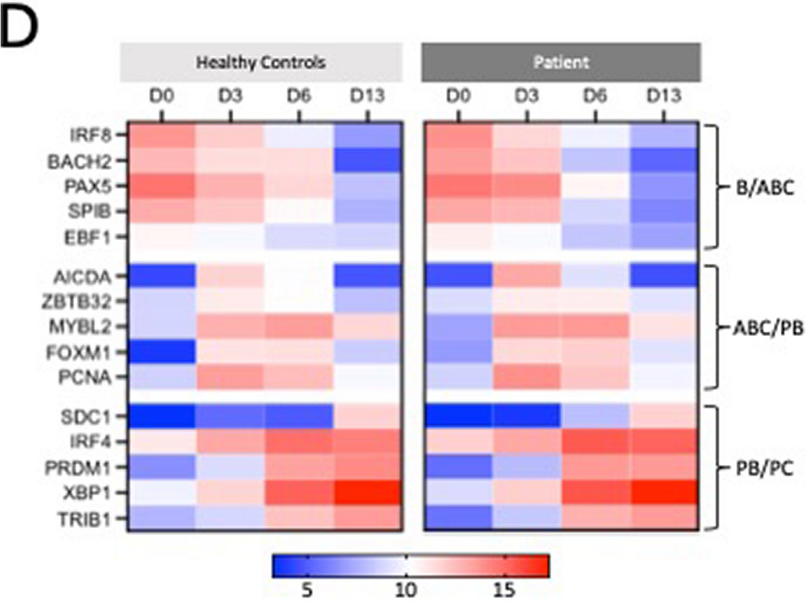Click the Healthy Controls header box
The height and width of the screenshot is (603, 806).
coord(261,63)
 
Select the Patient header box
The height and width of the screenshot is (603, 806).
coord(561,63)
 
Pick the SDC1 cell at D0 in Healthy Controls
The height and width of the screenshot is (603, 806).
coord(162,417)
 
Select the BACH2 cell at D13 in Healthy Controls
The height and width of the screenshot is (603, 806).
coord(368,161)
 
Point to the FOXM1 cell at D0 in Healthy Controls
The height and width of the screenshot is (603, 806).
coord(162,352)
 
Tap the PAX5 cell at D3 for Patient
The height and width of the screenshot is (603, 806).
coord(527,186)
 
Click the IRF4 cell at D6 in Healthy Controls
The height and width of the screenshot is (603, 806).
coord(299,442)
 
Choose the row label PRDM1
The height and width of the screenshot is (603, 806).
coord(79,468)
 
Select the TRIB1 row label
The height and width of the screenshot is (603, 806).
coord(85,519)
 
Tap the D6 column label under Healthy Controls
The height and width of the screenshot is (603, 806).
coord(299,97)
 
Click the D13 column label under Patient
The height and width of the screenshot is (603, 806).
coord(664,97)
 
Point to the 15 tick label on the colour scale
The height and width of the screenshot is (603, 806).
coord(505,590)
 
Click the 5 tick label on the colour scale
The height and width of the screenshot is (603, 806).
coord(307,590)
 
